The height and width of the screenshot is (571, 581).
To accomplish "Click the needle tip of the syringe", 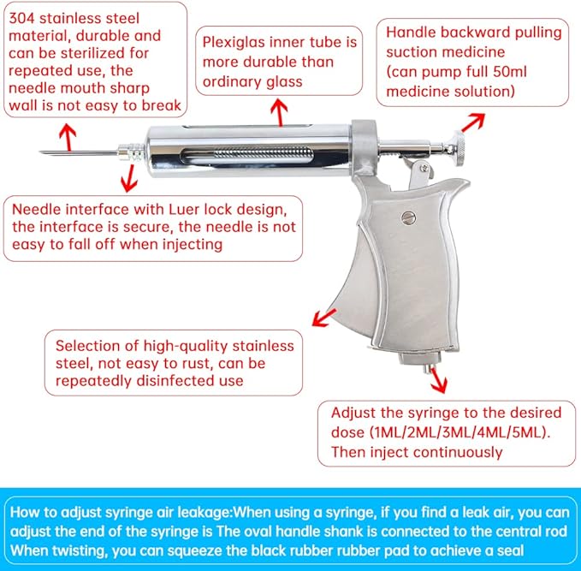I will [x=41, y=153].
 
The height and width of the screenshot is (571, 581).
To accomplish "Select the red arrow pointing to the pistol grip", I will [x=323, y=319].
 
